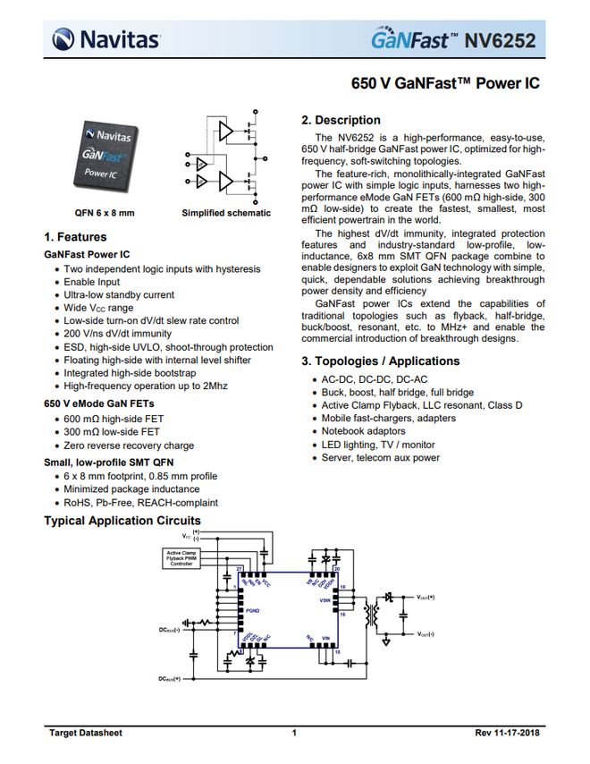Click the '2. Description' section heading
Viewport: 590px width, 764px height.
click(341, 121)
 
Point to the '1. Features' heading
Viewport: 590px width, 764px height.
click(75, 237)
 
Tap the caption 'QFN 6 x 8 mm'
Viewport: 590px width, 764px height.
click(104, 213)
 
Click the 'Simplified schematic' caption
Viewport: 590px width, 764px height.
click(225, 213)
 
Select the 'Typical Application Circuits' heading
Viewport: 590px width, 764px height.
click(122, 521)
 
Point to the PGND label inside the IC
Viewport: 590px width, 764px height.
click(254, 608)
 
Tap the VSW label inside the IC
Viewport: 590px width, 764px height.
click(324, 600)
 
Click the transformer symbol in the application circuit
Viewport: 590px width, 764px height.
click(371, 618)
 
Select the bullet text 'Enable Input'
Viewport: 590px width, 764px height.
click(97, 282)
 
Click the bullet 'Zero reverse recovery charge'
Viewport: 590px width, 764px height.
click(129, 446)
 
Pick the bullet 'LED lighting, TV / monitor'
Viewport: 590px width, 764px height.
click(378, 445)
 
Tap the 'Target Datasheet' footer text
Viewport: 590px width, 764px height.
click(85, 734)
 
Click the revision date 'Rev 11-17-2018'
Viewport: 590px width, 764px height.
click(506, 734)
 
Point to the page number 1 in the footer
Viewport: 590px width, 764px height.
click(294, 734)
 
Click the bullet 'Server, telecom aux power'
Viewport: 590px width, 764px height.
click(381, 458)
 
